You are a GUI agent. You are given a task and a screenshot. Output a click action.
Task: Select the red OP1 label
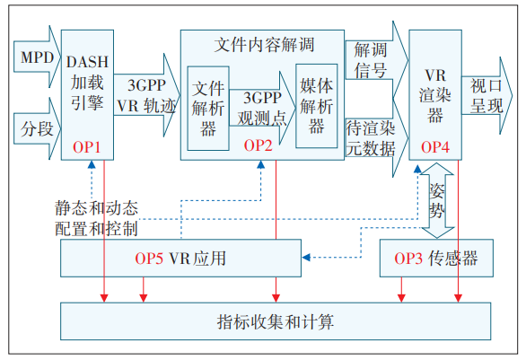(x=86, y=145)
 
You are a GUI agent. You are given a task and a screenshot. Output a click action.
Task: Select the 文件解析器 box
(x=208, y=107)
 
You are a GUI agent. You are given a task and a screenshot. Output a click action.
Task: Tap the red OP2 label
(x=259, y=145)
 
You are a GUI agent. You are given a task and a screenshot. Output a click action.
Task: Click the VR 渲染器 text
(x=435, y=92)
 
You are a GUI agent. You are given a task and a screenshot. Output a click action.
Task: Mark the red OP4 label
(x=435, y=145)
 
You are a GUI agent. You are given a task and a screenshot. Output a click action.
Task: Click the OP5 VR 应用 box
(x=180, y=259)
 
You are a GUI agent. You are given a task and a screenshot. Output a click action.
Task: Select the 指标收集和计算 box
(x=275, y=320)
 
